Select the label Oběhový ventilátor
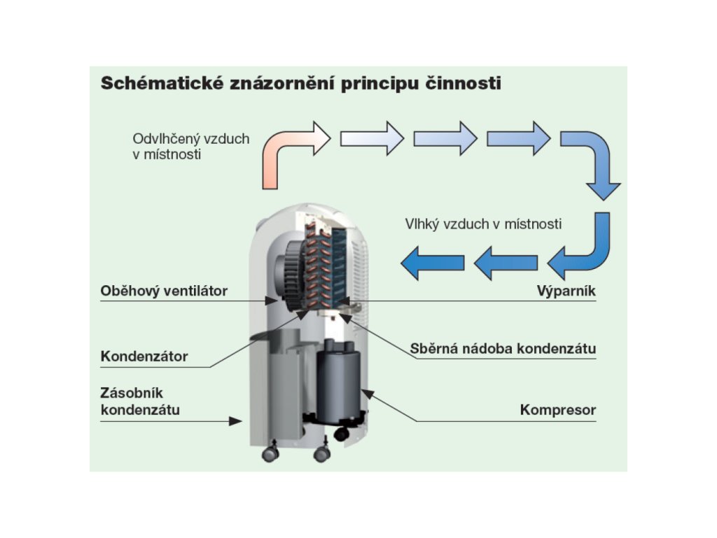click(x=164, y=291)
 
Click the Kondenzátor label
click(x=144, y=356)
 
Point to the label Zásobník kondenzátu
click(x=140, y=401)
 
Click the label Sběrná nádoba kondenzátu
click(x=503, y=348)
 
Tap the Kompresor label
click(x=558, y=410)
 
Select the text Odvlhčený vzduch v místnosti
click(x=190, y=146)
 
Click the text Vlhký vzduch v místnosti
click(x=483, y=224)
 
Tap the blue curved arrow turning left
click(x=581, y=249)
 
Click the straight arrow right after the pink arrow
click(x=372, y=137)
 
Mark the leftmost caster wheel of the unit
click(x=270, y=453)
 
